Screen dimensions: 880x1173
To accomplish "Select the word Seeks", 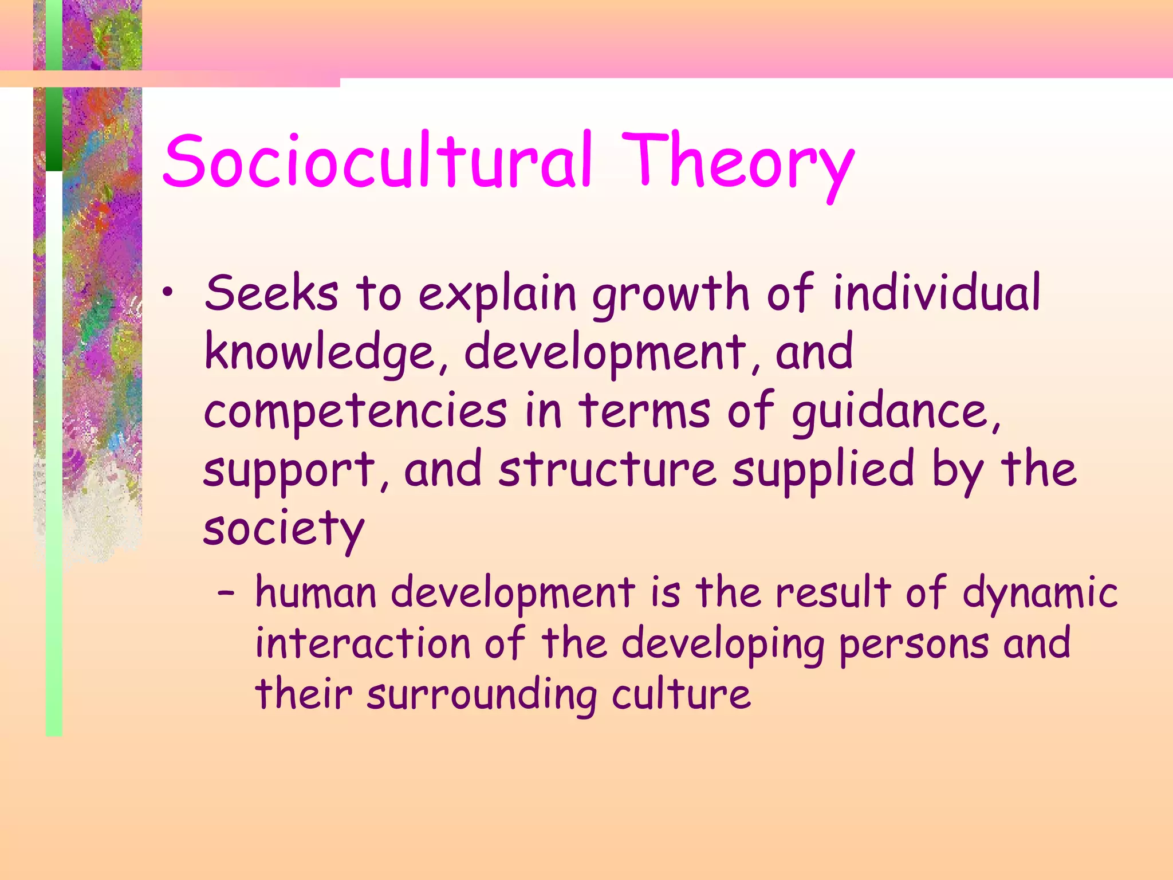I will tap(271, 293).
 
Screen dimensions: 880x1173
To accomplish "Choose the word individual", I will tap(936, 293).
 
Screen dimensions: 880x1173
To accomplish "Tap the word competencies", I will tap(355, 411).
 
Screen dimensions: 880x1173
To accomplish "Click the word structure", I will tap(607, 470).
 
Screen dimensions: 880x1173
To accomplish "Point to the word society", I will tap(284, 529).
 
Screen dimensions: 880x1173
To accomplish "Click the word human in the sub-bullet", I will tap(316, 592).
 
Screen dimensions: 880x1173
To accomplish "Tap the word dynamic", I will tap(1040, 594).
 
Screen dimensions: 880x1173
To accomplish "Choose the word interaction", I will tap(362, 643).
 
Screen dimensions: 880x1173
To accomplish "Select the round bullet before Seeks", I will tap(167, 293).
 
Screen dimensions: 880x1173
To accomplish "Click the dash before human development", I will tap(226, 594).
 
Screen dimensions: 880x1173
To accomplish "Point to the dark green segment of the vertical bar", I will tap(54, 129).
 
